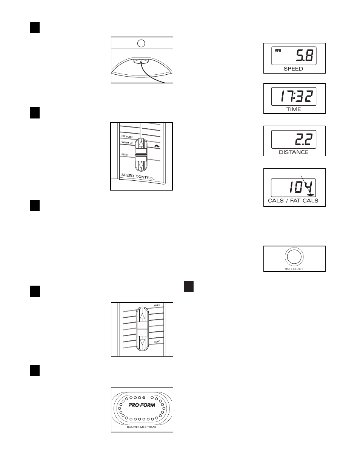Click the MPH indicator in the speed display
278,51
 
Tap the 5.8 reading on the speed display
305,55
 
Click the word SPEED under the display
293,69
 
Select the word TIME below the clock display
294,109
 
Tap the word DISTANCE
294,152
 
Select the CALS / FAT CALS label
293,200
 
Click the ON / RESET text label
294,269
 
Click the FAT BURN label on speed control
127,136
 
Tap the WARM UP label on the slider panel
127,142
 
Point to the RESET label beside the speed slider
125,154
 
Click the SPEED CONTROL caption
138,177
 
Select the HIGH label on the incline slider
157,305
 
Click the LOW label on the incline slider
157,341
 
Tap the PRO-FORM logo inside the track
142,405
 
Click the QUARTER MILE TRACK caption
142,427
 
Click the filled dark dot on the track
144,398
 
